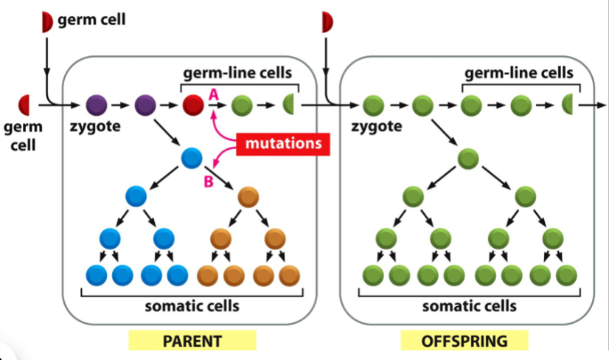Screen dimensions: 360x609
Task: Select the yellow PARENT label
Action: click(192, 341)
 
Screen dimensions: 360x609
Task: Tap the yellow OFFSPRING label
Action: click(464, 341)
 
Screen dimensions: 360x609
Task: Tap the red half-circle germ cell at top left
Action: click(47, 22)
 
